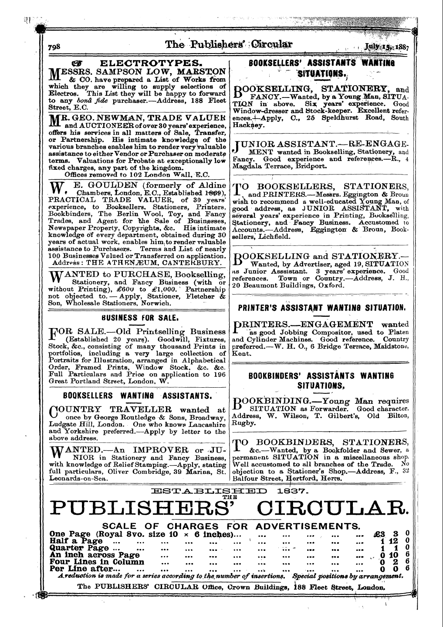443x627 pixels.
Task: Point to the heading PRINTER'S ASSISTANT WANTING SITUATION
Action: click(x=322, y=308)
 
